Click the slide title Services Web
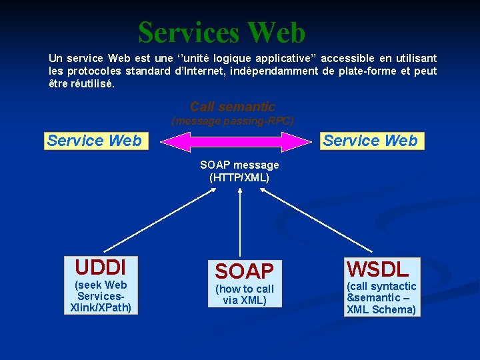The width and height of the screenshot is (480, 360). click(221, 32)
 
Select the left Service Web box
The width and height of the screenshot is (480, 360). click(94, 141)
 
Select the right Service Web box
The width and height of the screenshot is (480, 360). click(370, 141)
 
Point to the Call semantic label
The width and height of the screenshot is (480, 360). click(232, 107)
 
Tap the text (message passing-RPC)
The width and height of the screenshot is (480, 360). click(232, 121)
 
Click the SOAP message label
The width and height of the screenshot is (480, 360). click(239, 165)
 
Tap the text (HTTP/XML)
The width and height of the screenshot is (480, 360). click(239, 177)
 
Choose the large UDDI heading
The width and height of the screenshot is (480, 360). click(100, 267)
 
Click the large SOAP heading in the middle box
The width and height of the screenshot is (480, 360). click(244, 271)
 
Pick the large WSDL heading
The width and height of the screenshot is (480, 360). click(377, 269)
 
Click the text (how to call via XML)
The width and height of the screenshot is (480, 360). click(245, 294)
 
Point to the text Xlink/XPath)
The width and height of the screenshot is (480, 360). click(101, 307)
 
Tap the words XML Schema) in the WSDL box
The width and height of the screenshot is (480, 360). click(381, 309)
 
